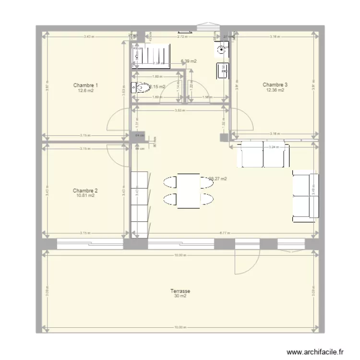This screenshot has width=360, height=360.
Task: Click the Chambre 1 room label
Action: tap(86, 85)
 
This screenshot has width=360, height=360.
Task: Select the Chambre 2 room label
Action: tap(86, 190)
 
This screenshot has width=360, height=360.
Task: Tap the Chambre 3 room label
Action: tap(275, 84)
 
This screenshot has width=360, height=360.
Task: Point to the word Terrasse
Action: tap(180, 291)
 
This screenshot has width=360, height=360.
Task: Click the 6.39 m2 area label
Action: tap(189, 61)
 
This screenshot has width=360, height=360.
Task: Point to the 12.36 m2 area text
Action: tap(275, 90)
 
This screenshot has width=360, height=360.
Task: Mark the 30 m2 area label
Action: tap(180, 296)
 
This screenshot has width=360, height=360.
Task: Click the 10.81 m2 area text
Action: tap(86, 195)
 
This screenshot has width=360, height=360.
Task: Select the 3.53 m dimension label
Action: tap(178, 110)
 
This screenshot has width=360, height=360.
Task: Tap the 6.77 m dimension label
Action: tap(224, 233)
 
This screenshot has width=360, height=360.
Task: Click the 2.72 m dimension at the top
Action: tap(182, 36)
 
